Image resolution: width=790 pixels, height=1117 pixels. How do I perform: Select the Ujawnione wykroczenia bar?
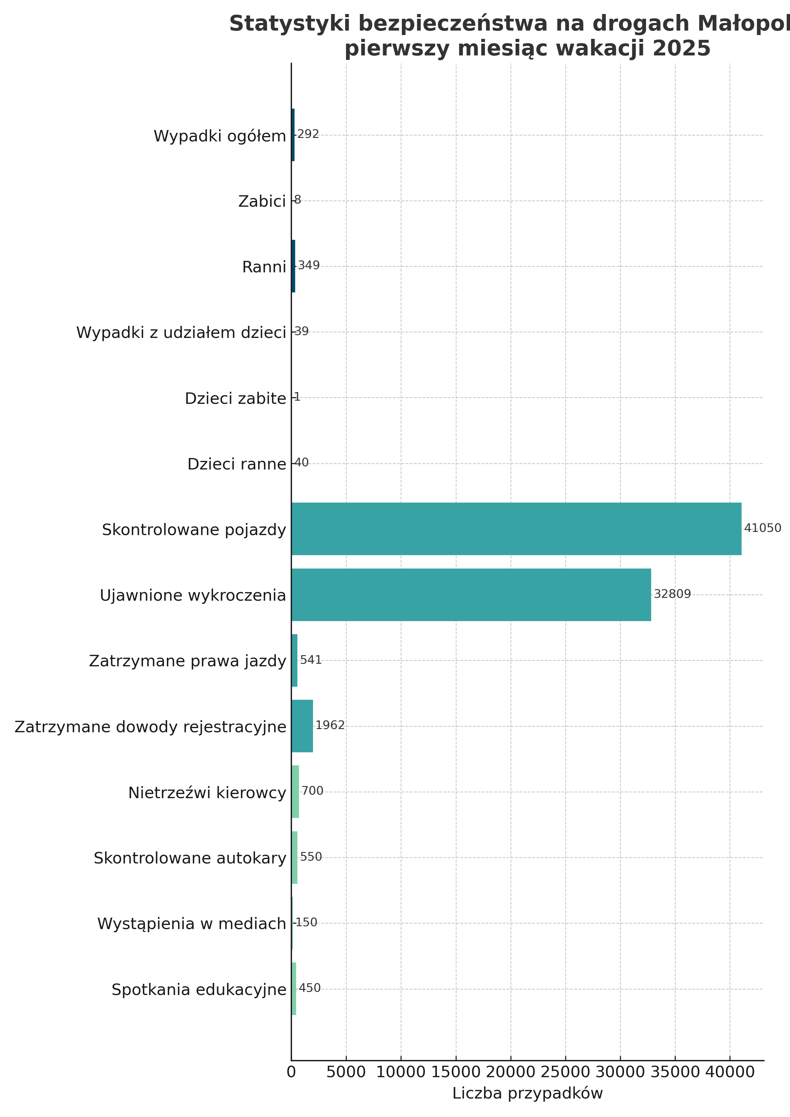click(471, 595)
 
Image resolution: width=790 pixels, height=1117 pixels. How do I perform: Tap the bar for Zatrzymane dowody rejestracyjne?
click(302, 726)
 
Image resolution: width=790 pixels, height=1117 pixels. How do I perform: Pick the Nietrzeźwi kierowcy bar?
click(295, 791)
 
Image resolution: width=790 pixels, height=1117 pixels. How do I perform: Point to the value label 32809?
click(672, 594)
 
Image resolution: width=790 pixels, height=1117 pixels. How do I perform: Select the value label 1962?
click(330, 725)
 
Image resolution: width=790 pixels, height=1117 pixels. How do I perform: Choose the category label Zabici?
click(262, 201)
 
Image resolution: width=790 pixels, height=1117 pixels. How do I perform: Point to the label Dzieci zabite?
click(235, 399)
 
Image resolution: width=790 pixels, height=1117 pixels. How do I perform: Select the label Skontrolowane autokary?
click(190, 858)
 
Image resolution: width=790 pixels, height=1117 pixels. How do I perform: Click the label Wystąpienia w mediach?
click(192, 923)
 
